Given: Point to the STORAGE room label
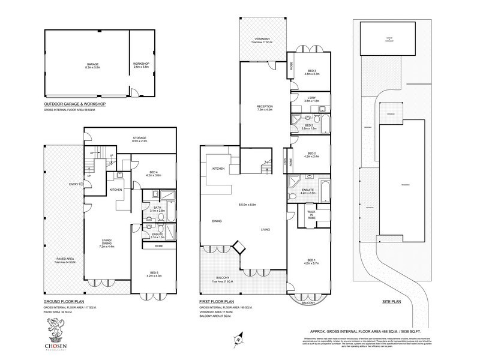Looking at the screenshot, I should point(139,139).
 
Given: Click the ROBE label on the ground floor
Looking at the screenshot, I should point(159,246).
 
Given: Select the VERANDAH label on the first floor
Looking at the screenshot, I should point(262,39).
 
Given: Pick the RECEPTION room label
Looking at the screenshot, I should point(265,107).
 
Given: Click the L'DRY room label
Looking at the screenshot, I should point(310,98).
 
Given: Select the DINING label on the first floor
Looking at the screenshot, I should point(218,220).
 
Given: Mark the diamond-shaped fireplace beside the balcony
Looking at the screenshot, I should point(239,247).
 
